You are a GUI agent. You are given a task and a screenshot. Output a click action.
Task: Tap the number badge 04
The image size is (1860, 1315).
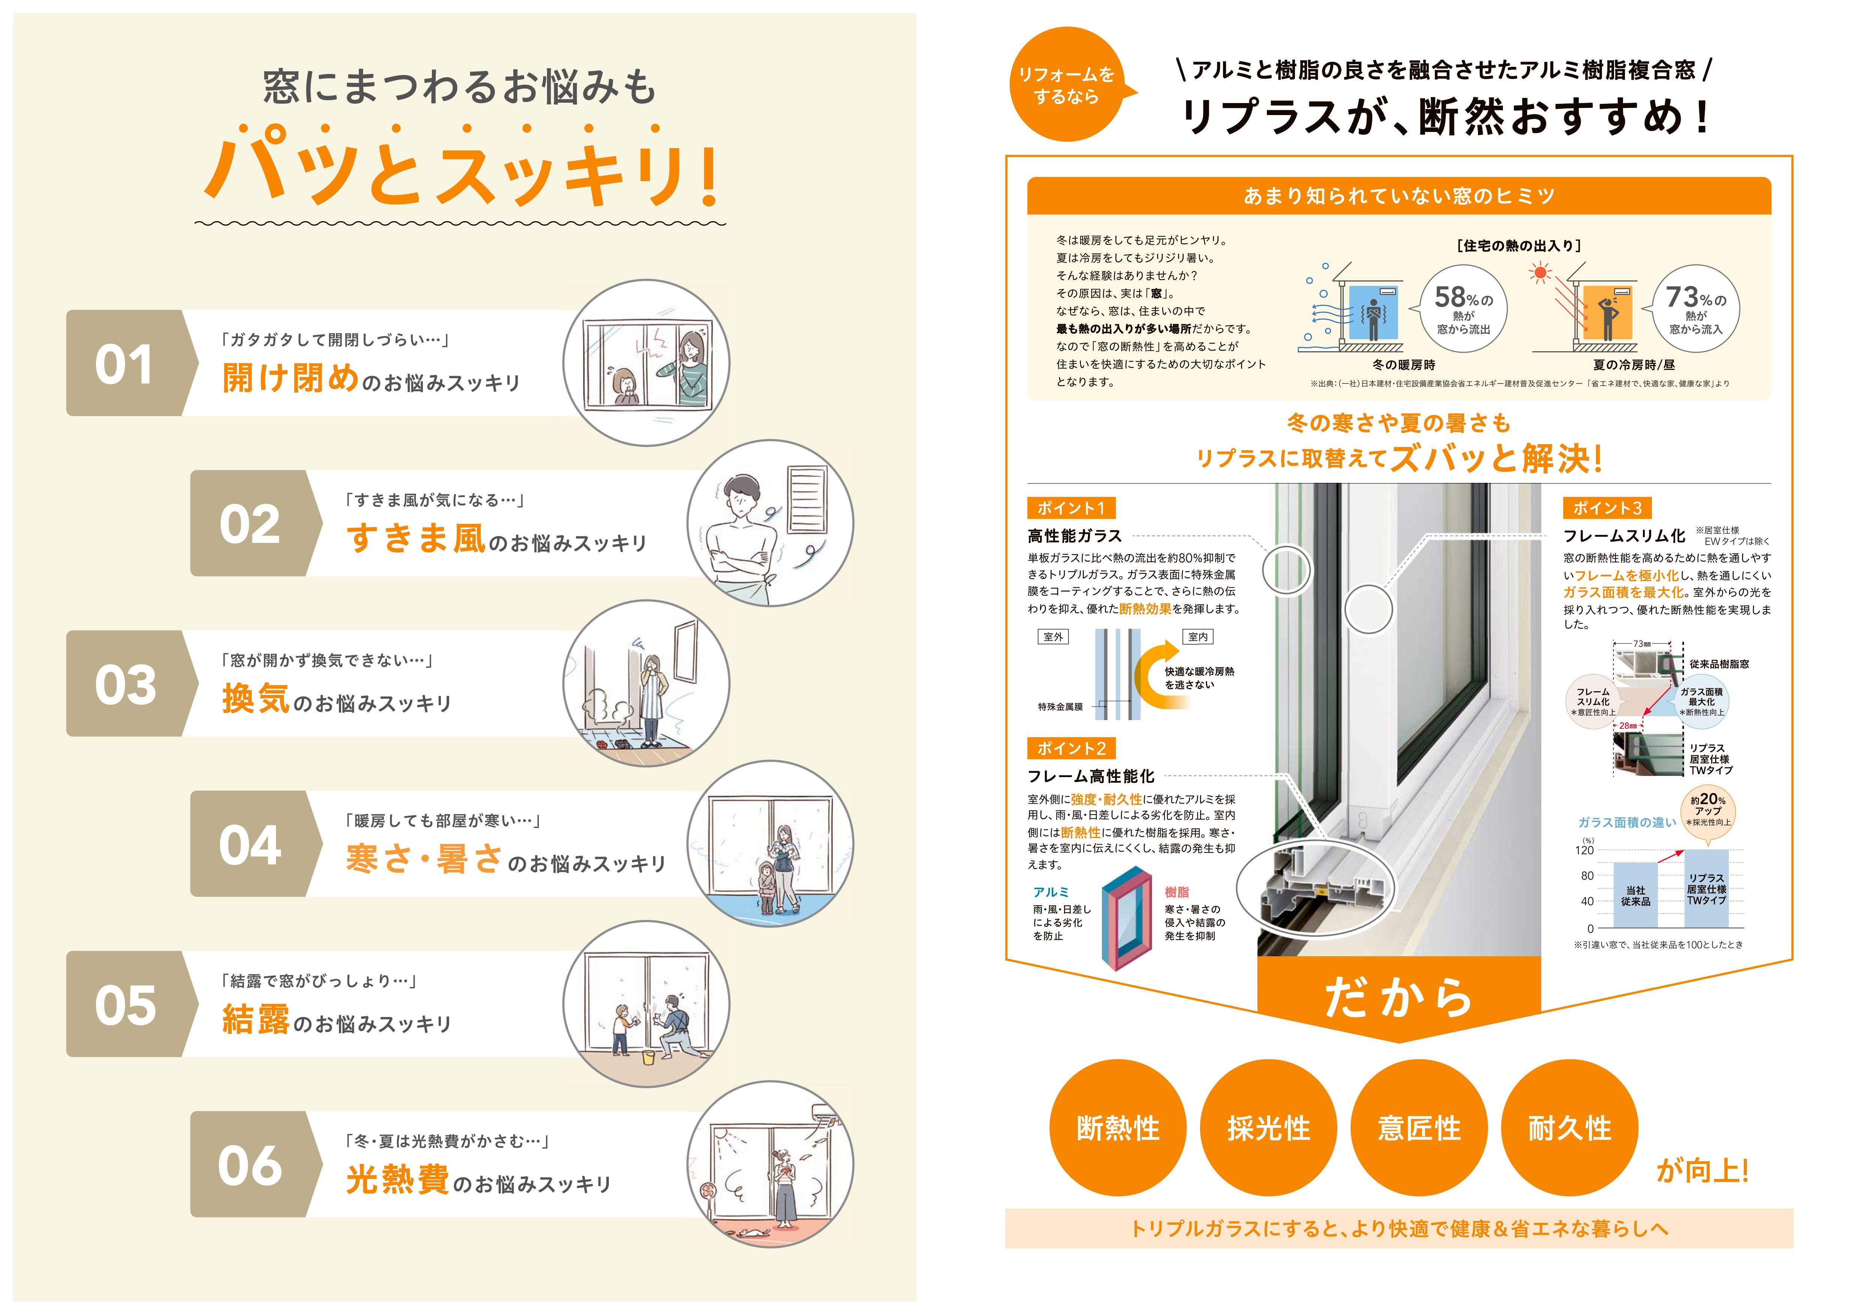coord(250,845)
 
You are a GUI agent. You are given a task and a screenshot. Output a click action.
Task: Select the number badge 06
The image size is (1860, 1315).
coord(250,1165)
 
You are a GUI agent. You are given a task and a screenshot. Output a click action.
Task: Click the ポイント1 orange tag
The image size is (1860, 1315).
coord(1071,508)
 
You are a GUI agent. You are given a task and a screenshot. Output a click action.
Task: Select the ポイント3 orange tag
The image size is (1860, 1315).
coord(1607,508)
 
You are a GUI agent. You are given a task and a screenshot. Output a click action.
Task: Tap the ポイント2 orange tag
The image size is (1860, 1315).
coord(1071,748)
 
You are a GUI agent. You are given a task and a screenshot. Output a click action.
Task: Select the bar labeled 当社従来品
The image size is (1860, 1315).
coord(1635,895)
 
